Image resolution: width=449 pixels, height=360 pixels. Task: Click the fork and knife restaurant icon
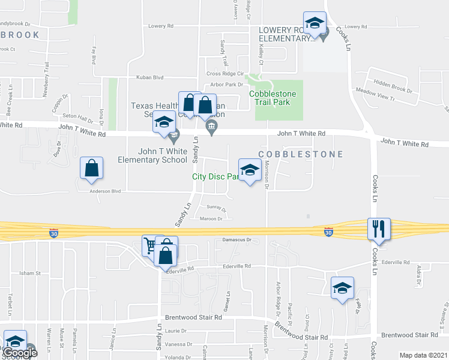(379, 229)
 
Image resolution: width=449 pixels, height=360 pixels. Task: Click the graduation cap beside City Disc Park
(250, 170)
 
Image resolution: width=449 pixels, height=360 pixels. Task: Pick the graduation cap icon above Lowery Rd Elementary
(315, 23)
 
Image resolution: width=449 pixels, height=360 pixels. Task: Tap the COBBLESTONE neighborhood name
(301, 154)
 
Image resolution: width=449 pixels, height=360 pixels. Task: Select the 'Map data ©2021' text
(423, 355)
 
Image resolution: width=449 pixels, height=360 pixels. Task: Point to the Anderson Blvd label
(105, 191)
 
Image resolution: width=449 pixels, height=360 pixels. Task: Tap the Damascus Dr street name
(235, 239)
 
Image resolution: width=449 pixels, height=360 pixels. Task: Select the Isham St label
(29, 273)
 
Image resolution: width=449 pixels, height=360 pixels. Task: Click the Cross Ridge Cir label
(224, 73)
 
